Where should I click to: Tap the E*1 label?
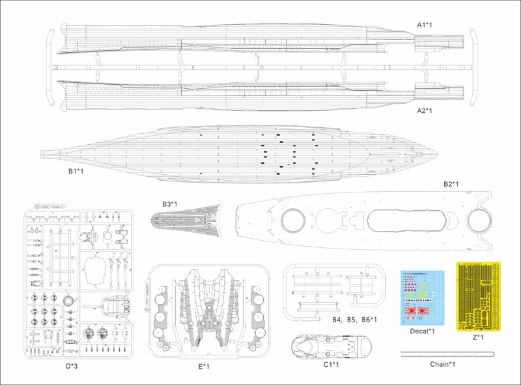203,367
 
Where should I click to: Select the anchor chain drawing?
445,353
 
